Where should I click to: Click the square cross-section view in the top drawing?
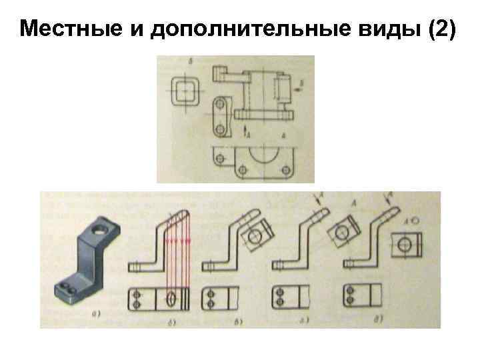(185, 89)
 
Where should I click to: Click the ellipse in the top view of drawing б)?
(171, 299)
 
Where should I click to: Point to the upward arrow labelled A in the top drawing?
(245, 129)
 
